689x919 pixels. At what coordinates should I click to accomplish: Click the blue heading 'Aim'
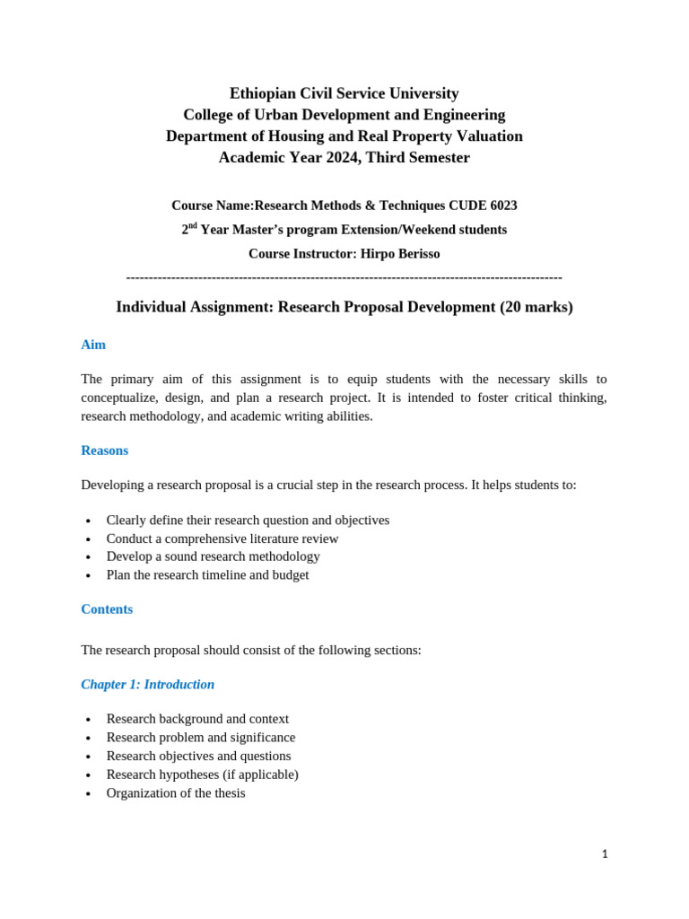click(93, 345)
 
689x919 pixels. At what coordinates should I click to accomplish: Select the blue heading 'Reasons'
click(104, 451)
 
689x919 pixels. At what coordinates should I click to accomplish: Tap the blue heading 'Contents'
click(107, 609)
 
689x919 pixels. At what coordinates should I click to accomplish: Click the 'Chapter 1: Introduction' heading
click(148, 685)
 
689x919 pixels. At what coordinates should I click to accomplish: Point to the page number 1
click(605, 854)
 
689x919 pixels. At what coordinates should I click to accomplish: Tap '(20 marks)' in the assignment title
click(536, 307)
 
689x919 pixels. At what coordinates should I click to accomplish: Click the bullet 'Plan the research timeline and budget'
click(207, 575)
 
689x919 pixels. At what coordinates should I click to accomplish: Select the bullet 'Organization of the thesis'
click(176, 793)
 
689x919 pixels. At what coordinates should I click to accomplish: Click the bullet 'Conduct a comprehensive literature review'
click(222, 538)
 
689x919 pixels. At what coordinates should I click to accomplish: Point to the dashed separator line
click(344, 277)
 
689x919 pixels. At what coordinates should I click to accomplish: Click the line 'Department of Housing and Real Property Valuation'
click(344, 136)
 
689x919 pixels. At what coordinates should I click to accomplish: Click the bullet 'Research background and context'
click(197, 719)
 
